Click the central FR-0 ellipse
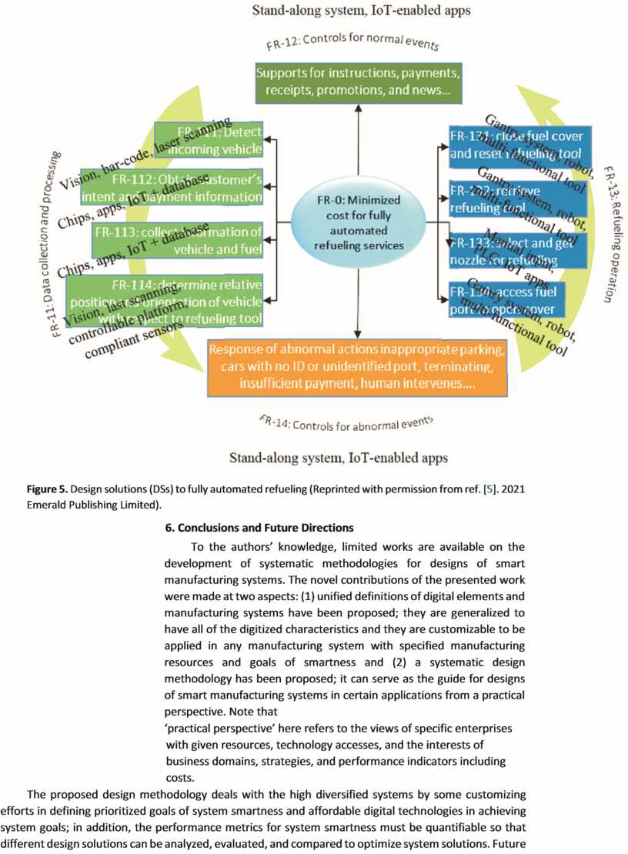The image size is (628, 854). point(358,222)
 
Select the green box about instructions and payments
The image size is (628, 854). point(358,83)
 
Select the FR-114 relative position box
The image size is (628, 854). point(164,300)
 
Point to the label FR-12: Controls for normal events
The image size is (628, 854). point(352,44)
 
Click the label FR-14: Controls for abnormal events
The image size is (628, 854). point(346,422)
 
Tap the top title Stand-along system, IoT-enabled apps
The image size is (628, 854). point(361,11)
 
